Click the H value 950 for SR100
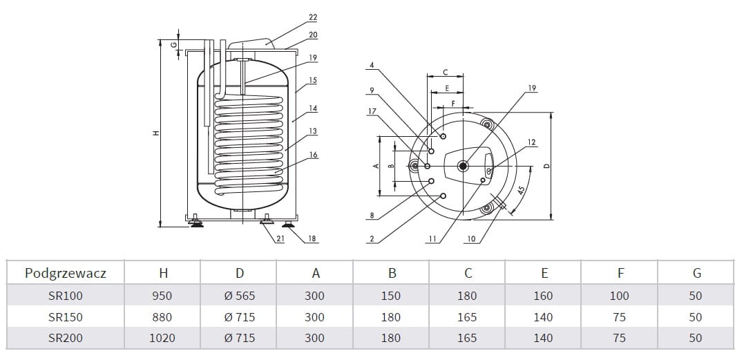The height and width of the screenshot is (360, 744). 162,296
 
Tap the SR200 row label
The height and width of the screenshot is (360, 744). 66,338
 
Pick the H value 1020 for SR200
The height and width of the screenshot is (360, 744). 162,338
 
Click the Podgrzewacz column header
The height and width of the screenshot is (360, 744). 66,273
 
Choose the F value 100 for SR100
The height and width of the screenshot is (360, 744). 619,296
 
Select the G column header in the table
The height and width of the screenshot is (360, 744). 696,273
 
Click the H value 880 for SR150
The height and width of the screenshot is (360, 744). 162,317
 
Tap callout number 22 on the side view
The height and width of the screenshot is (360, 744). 313,17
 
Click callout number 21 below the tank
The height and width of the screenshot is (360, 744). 280,239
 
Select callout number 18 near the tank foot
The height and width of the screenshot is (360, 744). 312,239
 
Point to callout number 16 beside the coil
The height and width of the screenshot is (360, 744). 313,155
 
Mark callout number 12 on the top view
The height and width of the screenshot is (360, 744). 531,142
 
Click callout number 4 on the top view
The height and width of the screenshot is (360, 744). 372,66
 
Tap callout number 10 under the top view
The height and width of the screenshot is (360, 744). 471,239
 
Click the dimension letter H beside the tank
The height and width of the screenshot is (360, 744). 156,133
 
